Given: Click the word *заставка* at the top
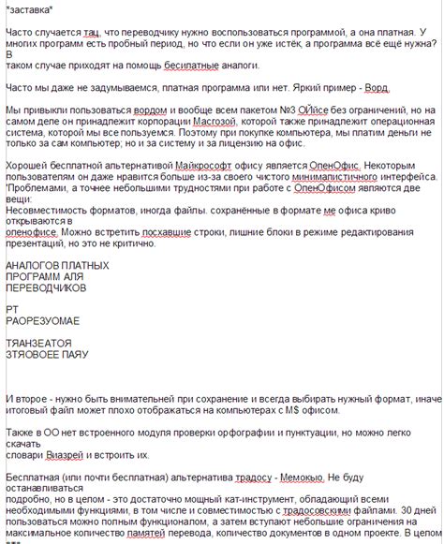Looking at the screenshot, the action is click(28, 9).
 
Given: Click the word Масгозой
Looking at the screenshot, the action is click(218, 123).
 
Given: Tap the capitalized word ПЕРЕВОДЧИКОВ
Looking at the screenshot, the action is click(48, 290).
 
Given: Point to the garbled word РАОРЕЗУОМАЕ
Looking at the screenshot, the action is click(43, 319).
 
